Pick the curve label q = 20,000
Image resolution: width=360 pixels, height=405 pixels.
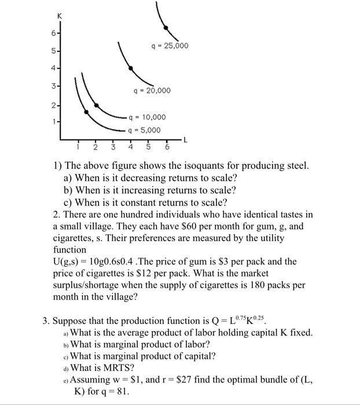pos(152,90)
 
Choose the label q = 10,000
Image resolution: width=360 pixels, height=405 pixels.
pos(146,117)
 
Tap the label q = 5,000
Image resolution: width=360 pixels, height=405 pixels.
pos(144,130)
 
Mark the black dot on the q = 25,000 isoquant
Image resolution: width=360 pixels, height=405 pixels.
pos(166,27)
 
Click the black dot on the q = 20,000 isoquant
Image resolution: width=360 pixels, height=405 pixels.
pos(131,68)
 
